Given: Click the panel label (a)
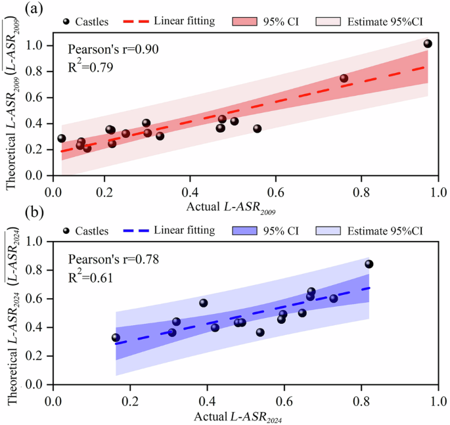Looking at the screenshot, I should [16, 10].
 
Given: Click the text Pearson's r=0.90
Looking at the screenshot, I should [114, 49].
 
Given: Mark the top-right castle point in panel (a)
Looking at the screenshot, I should [428, 44].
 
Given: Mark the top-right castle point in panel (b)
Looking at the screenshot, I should [369, 264].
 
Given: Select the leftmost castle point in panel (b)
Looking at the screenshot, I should [116, 338].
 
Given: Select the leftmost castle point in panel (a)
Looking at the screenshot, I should [62, 139].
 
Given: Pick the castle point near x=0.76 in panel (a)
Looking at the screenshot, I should [344, 78].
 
